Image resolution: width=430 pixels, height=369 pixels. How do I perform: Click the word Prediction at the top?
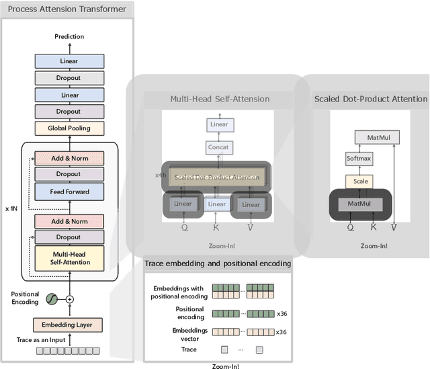(69, 36)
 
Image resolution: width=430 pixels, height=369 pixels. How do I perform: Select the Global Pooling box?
(69, 128)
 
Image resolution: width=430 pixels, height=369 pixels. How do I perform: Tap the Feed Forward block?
(69, 192)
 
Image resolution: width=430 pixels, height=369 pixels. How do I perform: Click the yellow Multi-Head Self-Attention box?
(69, 257)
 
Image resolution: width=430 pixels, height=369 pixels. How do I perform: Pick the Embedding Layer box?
(69, 325)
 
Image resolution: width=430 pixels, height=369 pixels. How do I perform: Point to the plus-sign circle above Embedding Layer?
(69, 298)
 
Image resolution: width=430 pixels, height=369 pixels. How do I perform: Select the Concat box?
(218, 147)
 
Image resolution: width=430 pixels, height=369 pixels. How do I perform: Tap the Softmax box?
(358, 159)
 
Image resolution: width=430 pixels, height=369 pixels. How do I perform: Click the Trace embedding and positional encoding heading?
(218, 263)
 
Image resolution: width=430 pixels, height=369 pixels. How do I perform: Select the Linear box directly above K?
(216, 204)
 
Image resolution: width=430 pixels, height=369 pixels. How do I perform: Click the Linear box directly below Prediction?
(69, 60)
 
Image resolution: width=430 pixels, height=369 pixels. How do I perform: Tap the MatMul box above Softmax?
(378, 137)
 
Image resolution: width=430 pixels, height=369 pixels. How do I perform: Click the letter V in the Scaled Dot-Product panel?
(394, 227)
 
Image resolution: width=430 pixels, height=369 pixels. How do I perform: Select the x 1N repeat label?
(11, 209)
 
